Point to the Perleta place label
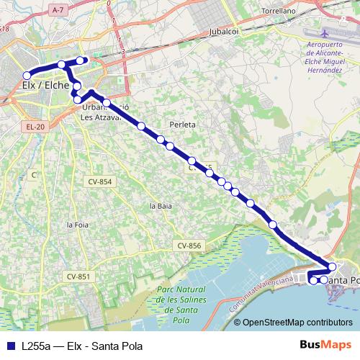click(x=182, y=125)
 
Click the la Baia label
click(x=161, y=205)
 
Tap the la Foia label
click(x=77, y=225)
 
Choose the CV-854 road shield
click(x=101, y=181)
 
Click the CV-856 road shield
click(x=189, y=246)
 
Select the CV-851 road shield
click(x=78, y=276)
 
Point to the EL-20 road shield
click(x=35, y=127)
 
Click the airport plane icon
click(x=323, y=34)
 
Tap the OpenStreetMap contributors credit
click(x=297, y=323)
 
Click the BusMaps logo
click(x=325, y=345)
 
